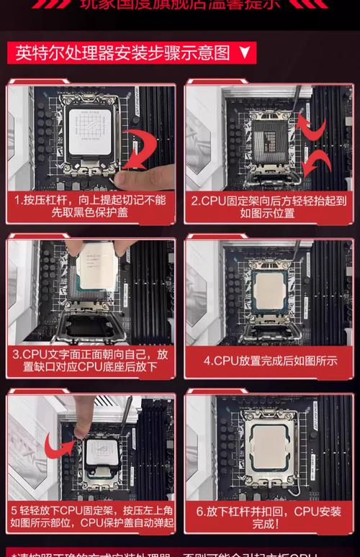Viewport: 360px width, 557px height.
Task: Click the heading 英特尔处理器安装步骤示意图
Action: tap(123, 53)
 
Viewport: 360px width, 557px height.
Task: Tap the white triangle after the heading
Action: tap(244, 53)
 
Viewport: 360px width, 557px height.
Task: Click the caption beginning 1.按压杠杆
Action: tap(91, 207)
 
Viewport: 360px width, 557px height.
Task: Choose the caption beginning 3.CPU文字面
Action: tap(91, 361)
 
